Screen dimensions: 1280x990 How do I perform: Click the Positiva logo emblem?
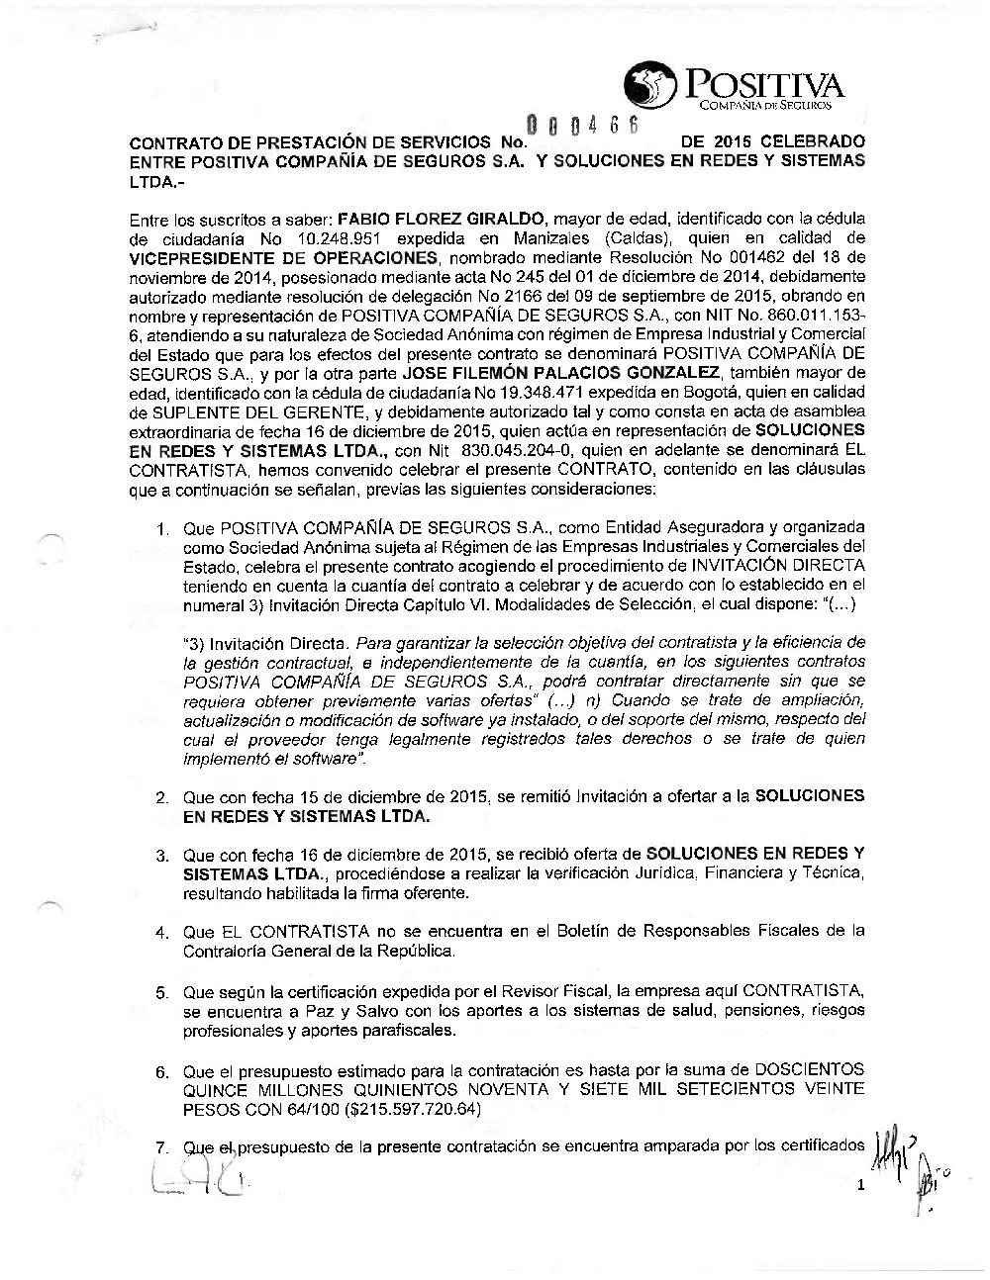pos(648,86)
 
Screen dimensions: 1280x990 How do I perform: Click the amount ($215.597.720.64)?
pos(407,1109)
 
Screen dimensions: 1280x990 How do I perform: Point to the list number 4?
pos(160,933)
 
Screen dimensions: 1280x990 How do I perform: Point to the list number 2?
pos(160,797)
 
